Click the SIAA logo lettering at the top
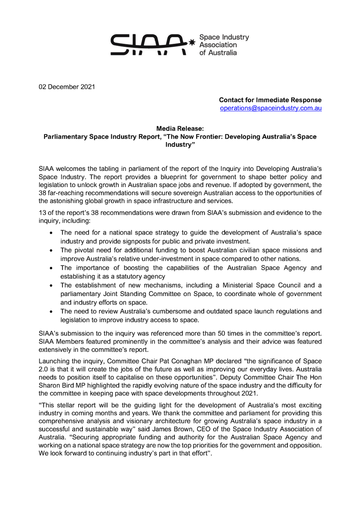click(149, 45)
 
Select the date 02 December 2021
click(65, 87)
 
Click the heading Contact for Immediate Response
click(270, 100)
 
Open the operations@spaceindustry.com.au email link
click(270, 108)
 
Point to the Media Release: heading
click(180, 129)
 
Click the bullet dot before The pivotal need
click(51, 251)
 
